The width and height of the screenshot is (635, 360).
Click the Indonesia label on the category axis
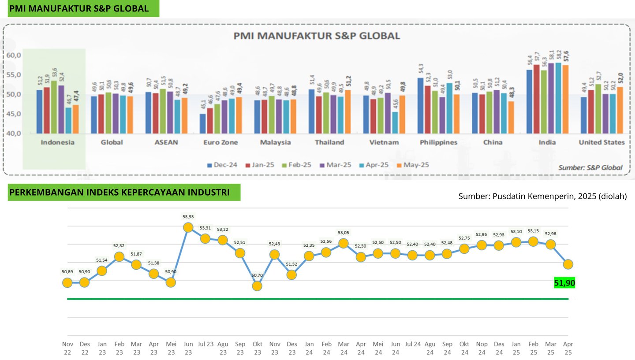pos(57,142)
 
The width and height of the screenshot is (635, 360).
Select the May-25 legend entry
pos(412,165)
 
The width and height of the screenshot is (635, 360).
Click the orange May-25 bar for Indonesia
pos(76,119)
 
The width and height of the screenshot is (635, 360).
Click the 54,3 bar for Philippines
pos(420,105)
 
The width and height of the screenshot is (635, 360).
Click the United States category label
pos(601,142)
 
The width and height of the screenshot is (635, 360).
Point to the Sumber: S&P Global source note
pos(590,167)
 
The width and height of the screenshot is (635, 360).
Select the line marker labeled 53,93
pos(188,227)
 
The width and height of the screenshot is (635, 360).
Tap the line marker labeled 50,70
pos(257,286)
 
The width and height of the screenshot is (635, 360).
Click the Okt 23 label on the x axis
pos(257,348)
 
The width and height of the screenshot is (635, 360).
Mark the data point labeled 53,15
pos(533,241)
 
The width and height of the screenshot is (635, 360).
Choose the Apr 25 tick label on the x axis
pos(568,348)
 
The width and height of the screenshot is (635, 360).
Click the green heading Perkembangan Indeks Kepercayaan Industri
pos(120,193)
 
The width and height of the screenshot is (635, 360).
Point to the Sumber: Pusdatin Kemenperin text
pos(542,196)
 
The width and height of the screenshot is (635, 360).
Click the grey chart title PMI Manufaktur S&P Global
pos(317,36)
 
